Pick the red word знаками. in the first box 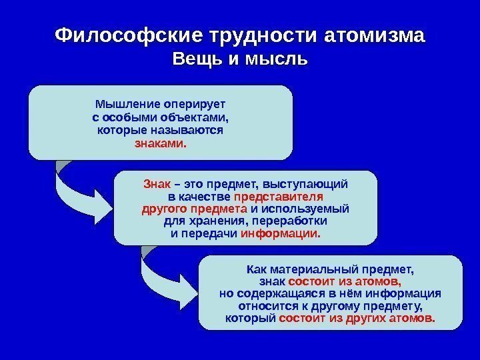[x=161, y=143]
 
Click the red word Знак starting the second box [x=153, y=183]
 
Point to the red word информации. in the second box [x=280, y=234]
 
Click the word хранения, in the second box [x=217, y=221]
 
